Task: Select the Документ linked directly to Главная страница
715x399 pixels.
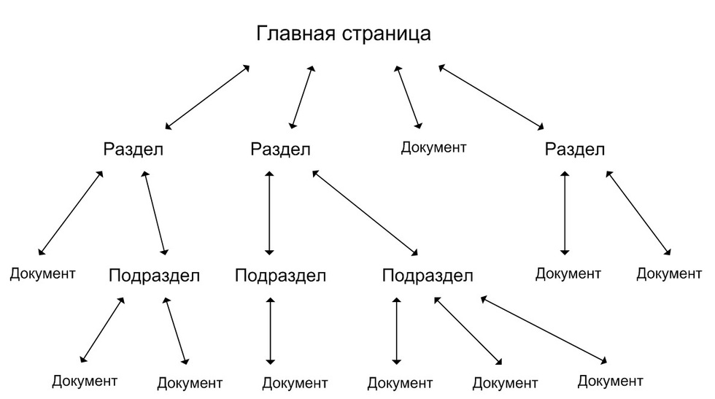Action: (433, 148)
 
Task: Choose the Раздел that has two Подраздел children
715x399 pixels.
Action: (280, 149)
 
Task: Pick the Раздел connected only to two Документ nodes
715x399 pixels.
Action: (575, 149)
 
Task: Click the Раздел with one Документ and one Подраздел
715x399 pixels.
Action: (133, 149)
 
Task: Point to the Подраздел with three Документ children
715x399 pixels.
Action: (428, 276)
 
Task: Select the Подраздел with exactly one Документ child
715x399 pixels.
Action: (280, 276)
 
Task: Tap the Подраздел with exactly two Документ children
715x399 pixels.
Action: (154, 276)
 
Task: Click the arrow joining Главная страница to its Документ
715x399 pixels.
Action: (408, 97)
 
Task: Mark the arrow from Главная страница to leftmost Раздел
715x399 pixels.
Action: (207, 97)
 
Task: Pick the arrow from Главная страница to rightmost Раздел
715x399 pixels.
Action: (491, 97)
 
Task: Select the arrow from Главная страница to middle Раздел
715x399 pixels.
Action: (302, 97)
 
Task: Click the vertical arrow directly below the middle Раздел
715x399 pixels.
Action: (269, 213)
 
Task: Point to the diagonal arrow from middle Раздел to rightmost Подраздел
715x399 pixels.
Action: (366, 213)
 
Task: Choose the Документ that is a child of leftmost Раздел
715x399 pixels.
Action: (42, 274)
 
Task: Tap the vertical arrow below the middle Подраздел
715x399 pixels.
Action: (271, 331)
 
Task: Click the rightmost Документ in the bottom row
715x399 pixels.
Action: (611, 381)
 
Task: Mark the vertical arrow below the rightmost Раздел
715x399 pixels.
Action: (565, 213)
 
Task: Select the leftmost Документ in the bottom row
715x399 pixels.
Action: (85, 381)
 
